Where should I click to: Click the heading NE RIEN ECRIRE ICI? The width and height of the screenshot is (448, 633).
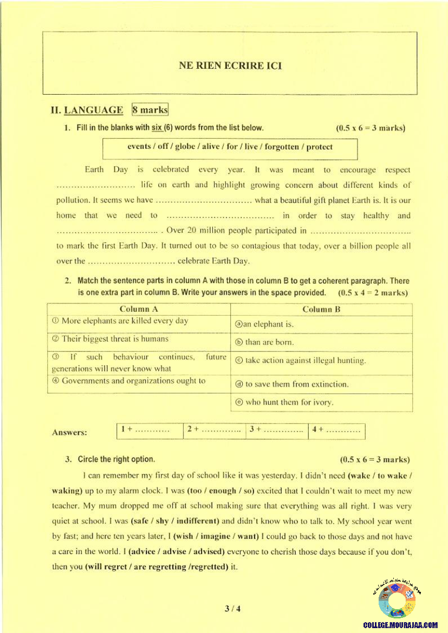pyautogui.click(x=230, y=66)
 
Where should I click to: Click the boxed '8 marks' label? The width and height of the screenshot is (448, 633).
pyautogui.click(x=150, y=110)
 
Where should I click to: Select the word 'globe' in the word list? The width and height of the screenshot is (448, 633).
pyautogui.click(x=186, y=147)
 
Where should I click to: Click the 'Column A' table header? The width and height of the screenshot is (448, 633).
pyautogui.click(x=139, y=309)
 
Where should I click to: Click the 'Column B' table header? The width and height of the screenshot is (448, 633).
pyautogui.click(x=321, y=309)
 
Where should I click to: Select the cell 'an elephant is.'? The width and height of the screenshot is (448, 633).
pyautogui.click(x=264, y=324)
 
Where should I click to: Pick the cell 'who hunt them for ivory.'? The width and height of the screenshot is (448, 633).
pyautogui.click(x=284, y=402)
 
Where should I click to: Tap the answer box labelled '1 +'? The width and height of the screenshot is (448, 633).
pyautogui.click(x=150, y=430)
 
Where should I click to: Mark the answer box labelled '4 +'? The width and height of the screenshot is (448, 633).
pyautogui.click(x=336, y=430)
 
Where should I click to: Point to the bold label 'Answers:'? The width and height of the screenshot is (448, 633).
pyautogui.click(x=69, y=433)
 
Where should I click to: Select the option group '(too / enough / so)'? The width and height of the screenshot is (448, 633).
pyautogui.click(x=220, y=491)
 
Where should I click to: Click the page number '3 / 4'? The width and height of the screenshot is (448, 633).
pyautogui.click(x=232, y=609)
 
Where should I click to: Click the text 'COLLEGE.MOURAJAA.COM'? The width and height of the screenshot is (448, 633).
pyautogui.click(x=400, y=625)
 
